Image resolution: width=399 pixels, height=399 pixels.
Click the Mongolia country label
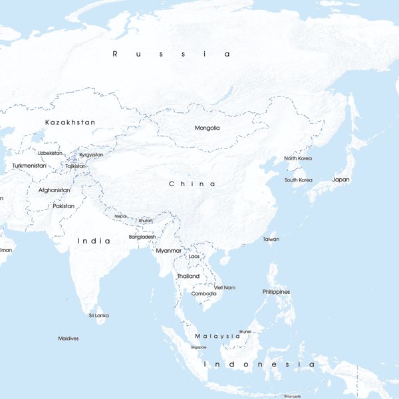click(207, 128)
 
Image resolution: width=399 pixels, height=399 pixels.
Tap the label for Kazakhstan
click(70, 122)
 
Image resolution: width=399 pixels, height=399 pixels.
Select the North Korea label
click(298, 158)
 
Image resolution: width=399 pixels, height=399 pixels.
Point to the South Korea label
click(299, 180)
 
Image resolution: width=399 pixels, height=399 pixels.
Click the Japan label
click(340, 180)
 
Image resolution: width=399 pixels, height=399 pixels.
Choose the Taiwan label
click(271, 239)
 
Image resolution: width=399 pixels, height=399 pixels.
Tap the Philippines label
click(276, 292)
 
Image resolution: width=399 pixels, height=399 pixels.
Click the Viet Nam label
click(225, 287)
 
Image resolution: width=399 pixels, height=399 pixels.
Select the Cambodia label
click(203, 293)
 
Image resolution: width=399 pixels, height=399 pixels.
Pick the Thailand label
click(188, 276)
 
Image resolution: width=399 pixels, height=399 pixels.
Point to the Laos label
click(194, 256)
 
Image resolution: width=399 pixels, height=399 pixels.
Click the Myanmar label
click(168, 251)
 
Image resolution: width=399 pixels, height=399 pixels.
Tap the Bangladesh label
click(142, 237)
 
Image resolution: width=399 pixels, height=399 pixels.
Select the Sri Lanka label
click(98, 315)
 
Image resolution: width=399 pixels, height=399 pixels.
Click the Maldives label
click(68, 338)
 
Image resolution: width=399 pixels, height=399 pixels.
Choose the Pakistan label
click(64, 206)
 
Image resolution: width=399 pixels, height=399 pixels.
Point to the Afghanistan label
click(54, 190)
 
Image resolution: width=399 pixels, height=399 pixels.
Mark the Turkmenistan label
click(29, 166)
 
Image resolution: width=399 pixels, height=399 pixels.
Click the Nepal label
click(120, 216)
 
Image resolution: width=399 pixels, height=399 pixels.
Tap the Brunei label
click(245, 331)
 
